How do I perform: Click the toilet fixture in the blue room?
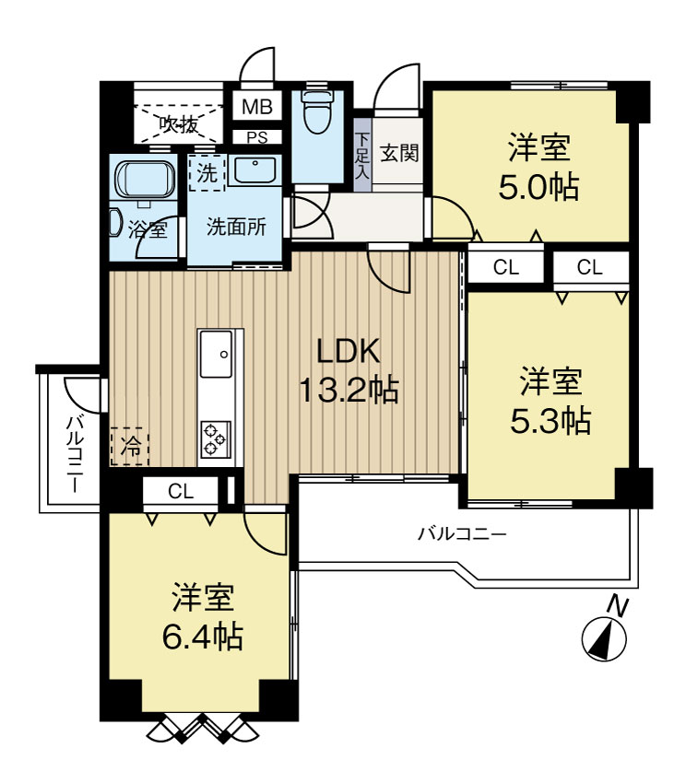pyautogui.click(x=316, y=112)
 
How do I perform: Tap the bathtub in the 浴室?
pyautogui.click(x=146, y=181)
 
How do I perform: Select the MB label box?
pyautogui.click(x=257, y=106)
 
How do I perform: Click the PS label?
pyautogui.click(x=257, y=137)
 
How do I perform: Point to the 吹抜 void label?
pyautogui.click(x=179, y=123)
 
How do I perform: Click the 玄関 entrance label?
pyautogui.click(x=399, y=152)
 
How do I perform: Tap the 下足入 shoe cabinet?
pyautogui.click(x=362, y=155)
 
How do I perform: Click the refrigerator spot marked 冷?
pyautogui.click(x=130, y=447)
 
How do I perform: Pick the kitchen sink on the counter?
pyautogui.click(x=216, y=355)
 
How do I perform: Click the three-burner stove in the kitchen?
pyautogui.click(x=216, y=438)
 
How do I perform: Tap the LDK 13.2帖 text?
pyautogui.click(x=349, y=370)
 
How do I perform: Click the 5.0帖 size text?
pyautogui.click(x=538, y=187)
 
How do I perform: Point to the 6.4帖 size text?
pyautogui.click(x=203, y=637)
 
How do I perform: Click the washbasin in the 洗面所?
pyautogui.click(x=255, y=169)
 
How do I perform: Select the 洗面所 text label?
pyautogui.click(x=236, y=228)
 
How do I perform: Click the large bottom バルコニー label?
pyautogui.click(x=463, y=534)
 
